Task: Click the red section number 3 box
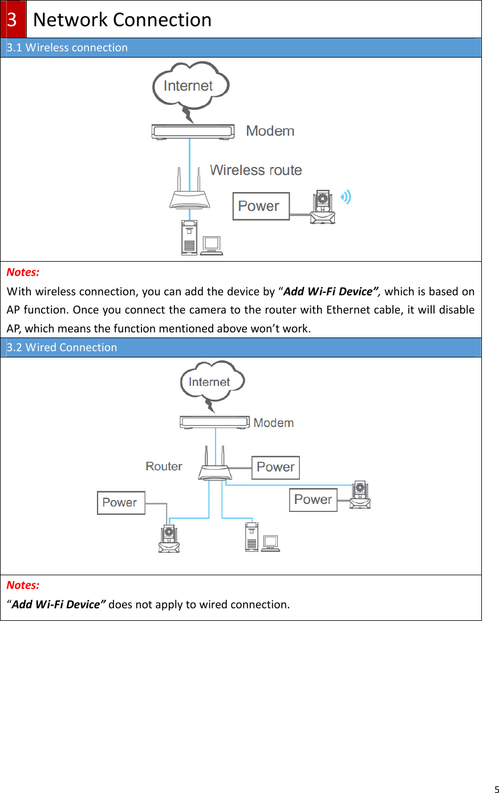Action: click(13, 19)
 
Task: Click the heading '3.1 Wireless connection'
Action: click(67, 48)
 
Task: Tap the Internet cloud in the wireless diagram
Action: click(190, 86)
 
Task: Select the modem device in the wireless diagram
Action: click(193, 132)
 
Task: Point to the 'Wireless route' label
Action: click(255, 170)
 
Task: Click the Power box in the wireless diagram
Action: click(261, 206)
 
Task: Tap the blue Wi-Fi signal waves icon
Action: click(346, 197)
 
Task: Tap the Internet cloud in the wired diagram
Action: click(212, 381)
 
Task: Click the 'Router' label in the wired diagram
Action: click(164, 466)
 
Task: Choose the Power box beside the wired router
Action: click(275, 467)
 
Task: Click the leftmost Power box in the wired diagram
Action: click(121, 503)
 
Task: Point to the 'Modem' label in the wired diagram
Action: click(274, 423)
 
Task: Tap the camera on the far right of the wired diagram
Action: click(360, 495)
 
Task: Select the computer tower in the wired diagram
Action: click(251, 537)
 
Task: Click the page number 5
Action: click(496, 789)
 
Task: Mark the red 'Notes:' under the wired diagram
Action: click(23, 585)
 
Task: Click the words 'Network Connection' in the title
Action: click(122, 19)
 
